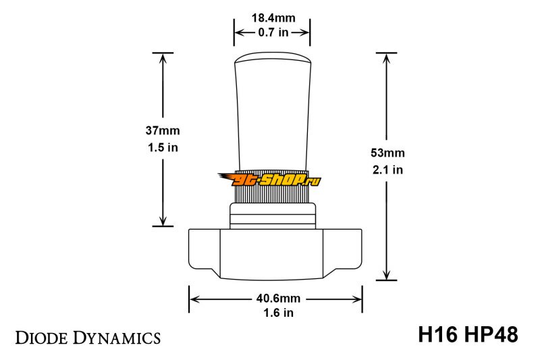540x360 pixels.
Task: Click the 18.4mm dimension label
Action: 273,18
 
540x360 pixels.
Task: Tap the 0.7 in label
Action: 273,32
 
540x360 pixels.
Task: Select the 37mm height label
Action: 163,130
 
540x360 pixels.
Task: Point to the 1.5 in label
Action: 163,147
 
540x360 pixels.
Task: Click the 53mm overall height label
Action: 387,153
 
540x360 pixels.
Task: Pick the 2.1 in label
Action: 387,170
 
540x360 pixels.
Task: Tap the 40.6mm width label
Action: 278,299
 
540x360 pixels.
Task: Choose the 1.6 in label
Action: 278,313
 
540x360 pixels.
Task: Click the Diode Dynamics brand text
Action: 88,338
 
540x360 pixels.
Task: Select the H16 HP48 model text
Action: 468,334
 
